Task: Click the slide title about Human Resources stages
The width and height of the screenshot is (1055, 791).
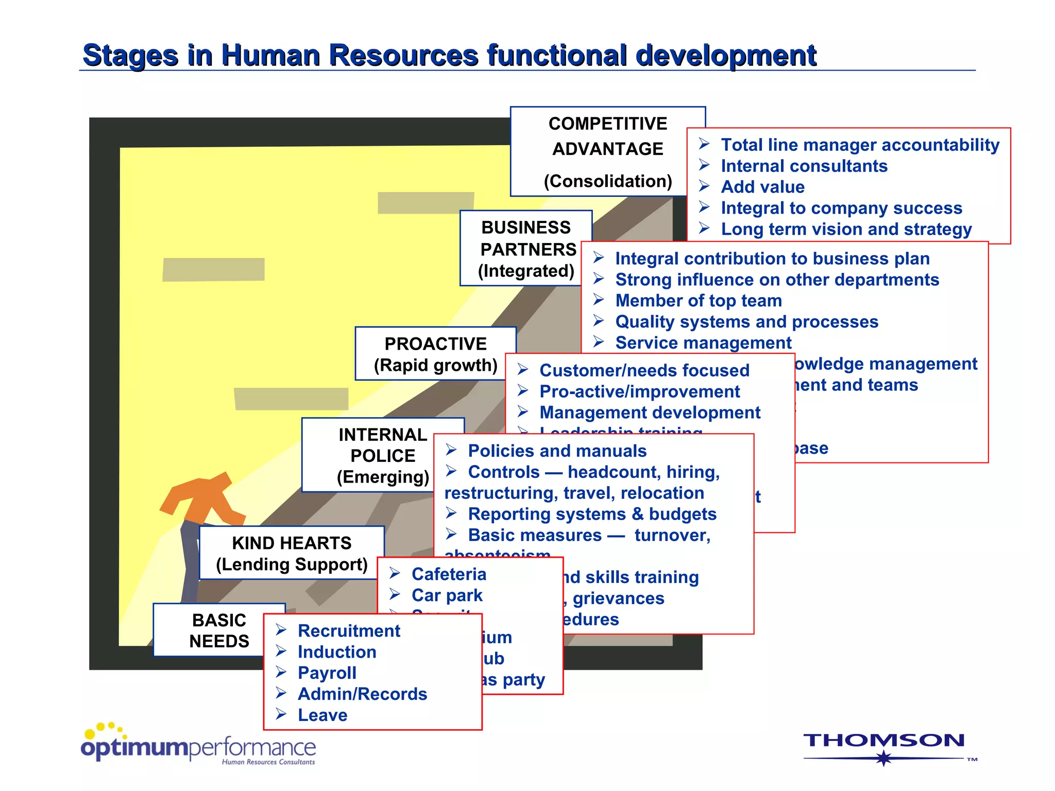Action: tap(449, 55)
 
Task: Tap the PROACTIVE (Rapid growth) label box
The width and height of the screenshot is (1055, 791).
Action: tap(435, 354)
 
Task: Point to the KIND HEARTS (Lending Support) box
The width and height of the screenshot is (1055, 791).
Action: tap(292, 553)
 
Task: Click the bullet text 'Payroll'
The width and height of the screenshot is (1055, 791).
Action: tap(327, 673)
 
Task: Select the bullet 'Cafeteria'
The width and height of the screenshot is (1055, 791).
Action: tap(449, 574)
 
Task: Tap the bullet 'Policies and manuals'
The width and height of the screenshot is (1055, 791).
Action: tap(557, 451)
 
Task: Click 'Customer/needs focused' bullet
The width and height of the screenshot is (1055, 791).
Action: tap(644, 370)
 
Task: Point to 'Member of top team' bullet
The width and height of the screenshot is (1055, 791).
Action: tap(698, 301)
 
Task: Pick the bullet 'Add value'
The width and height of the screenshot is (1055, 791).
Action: tap(762, 187)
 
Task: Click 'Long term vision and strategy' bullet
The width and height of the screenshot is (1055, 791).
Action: tap(846, 229)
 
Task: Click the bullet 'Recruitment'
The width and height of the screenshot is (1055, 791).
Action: tap(349, 631)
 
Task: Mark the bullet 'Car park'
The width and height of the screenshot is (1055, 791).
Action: tap(447, 595)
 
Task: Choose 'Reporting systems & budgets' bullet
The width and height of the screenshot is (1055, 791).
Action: tap(592, 514)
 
